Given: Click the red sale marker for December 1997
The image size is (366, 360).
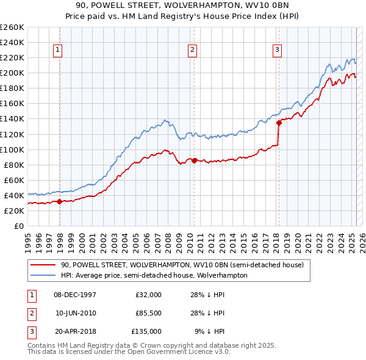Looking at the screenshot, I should (x=59, y=201).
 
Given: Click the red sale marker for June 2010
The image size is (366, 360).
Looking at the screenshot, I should (x=194, y=160).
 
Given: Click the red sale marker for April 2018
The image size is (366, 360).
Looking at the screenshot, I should (x=279, y=123).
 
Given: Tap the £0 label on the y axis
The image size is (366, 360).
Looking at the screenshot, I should (x=18, y=226).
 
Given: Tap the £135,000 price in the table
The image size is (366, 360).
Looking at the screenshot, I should (x=147, y=331).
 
